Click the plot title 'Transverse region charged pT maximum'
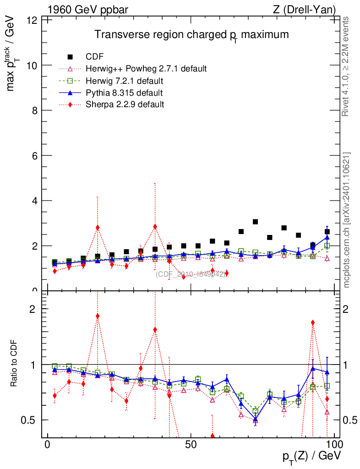click(191, 35)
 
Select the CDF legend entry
click(95, 57)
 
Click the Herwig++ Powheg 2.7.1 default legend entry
click(146, 69)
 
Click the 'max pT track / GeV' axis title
click(14, 51)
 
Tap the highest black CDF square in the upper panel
click(255, 222)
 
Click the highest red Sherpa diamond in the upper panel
click(155, 227)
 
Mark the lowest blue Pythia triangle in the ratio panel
click(255, 419)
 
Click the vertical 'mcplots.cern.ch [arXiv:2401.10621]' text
click(347, 219)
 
